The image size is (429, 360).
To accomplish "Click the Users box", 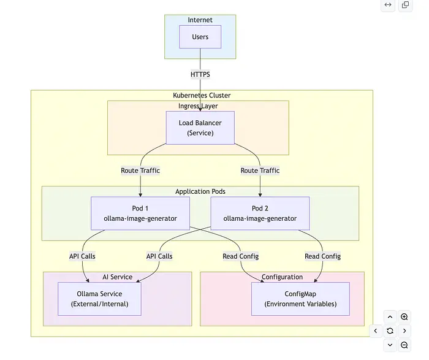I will click(x=200, y=37).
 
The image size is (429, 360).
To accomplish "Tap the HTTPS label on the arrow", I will click(x=200, y=74).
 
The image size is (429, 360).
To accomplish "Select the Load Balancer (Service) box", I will click(x=200, y=128).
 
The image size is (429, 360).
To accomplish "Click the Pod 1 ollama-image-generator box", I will click(x=140, y=213).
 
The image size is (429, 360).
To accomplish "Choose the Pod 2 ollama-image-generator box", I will click(x=260, y=213).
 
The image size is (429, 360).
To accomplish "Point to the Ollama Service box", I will click(x=99, y=299).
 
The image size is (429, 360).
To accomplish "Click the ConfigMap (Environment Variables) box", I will click(x=300, y=299).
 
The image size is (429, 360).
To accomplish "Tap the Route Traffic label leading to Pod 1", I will click(x=140, y=170).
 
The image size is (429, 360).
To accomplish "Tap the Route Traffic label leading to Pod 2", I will click(x=260, y=170).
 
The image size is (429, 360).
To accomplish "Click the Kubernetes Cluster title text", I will click(x=202, y=96).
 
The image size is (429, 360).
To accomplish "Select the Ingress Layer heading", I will click(x=198, y=106).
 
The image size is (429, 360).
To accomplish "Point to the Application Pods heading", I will click(x=200, y=191).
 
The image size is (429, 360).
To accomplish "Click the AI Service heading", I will click(x=117, y=277).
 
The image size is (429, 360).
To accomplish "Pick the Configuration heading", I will click(x=282, y=277).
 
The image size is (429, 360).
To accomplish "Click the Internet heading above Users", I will click(x=200, y=20).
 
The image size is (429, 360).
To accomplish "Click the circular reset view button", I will click(x=390, y=331).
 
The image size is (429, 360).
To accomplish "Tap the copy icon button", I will click(x=405, y=6).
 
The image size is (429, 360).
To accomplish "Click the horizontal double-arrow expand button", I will click(x=388, y=6).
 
